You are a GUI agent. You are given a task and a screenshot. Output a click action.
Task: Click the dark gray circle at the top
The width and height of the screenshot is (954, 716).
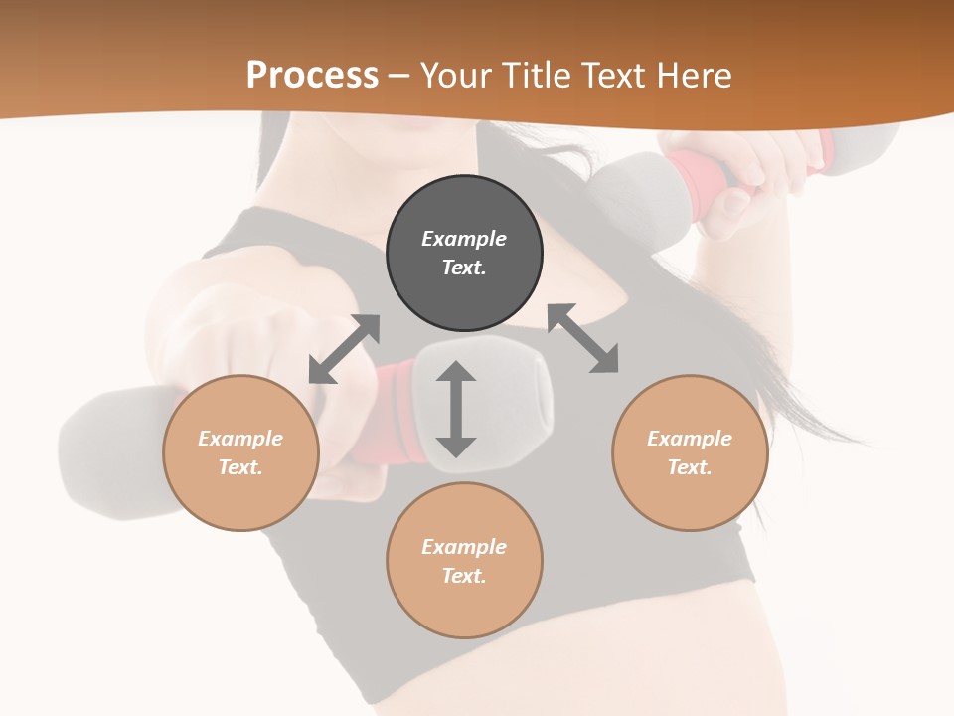pyautogui.click(x=464, y=253)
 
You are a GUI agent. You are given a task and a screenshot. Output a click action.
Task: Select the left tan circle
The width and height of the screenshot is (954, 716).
pyautogui.click(x=240, y=452)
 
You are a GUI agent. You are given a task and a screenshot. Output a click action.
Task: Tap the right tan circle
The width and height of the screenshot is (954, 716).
pyautogui.click(x=690, y=452)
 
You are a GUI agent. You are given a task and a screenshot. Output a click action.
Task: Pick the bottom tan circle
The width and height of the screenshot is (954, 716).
pyautogui.click(x=464, y=561)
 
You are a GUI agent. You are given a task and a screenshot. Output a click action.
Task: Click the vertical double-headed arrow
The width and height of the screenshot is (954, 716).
pyautogui.click(x=456, y=410)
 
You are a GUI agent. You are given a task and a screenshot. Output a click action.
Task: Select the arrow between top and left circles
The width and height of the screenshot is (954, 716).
pyautogui.click(x=344, y=349)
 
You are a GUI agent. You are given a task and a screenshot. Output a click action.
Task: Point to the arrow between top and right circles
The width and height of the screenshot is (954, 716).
pyautogui.click(x=583, y=338)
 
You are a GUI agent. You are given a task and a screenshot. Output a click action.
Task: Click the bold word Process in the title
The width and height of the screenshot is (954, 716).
pyautogui.click(x=312, y=75)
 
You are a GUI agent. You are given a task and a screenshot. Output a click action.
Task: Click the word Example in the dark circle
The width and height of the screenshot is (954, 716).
pyautogui.click(x=464, y=239)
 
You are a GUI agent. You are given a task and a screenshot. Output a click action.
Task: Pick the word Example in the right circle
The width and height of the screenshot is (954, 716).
pyautogui.click(x=690, y=439)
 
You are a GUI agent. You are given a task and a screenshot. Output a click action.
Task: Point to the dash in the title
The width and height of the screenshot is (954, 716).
pyautogui.click(x=398, y=76)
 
